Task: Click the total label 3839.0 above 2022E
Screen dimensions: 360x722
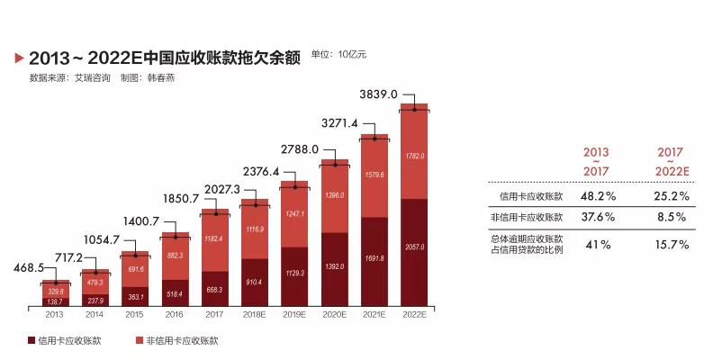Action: (x=378, y=94)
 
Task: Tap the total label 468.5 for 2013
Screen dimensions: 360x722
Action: (x=29, y=267)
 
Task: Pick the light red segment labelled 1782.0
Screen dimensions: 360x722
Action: (x=414, y=156)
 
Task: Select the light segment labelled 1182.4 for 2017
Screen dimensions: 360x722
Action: (x=214, y=238)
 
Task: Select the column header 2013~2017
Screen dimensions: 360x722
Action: (x=595, y=161)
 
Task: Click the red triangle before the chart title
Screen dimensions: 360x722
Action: (x=19, y=58)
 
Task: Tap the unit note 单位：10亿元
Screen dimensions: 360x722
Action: (x=338, y=55)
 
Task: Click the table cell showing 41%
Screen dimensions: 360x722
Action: (x=595, y=244)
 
